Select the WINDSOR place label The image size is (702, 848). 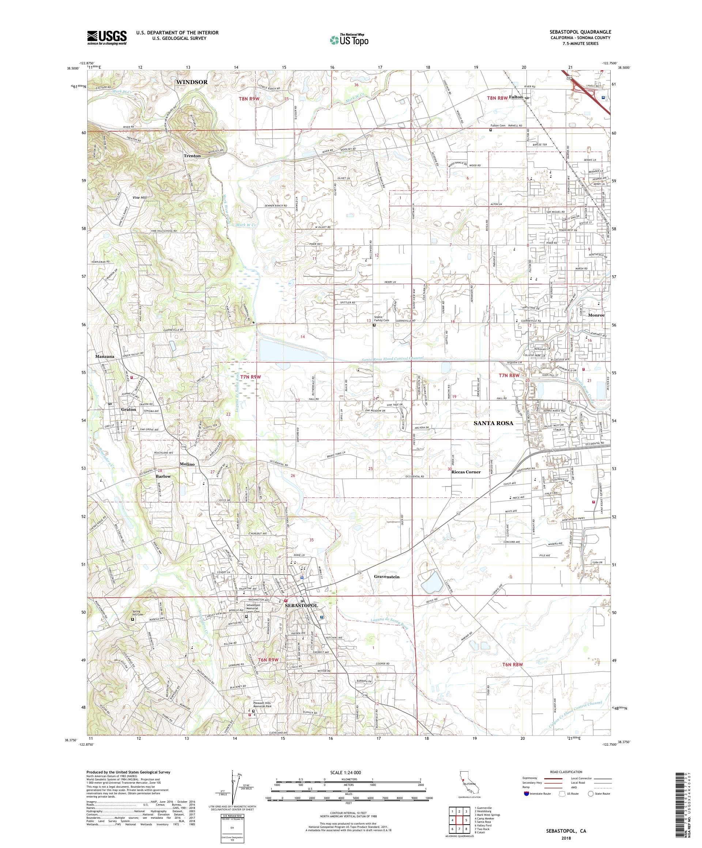(x=192, y=82)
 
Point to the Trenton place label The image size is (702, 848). (x=192, y=155)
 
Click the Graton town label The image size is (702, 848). (x=128, y=409)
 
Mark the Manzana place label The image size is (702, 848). (x=105, y=357)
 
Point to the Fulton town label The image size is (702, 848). (x=516, y=97)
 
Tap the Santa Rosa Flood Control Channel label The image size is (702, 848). (x=391, y=358)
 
